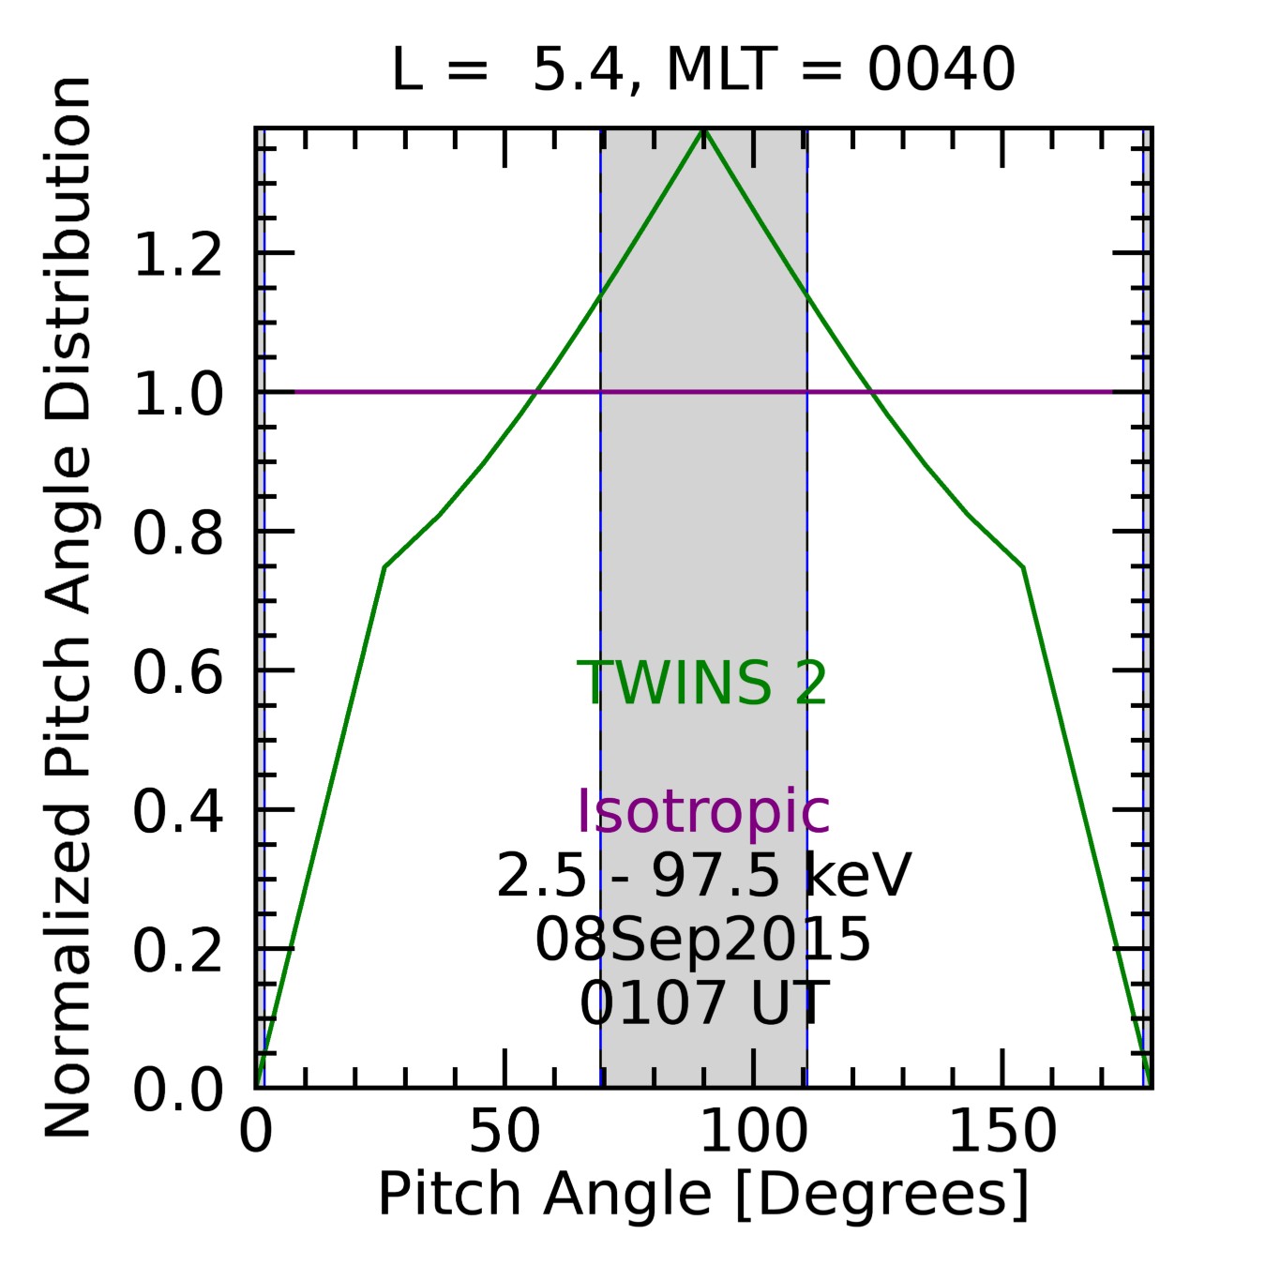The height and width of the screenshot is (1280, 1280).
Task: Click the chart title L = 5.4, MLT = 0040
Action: [702, 69]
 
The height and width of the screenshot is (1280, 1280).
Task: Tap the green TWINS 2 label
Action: [702, 683]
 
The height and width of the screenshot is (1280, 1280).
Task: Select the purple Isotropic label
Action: [702, 811]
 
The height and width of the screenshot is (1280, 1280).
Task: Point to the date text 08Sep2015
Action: [702, 940]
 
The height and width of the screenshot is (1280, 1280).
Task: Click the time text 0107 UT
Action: [702, 1002]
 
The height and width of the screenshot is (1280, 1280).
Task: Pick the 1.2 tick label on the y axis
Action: [178, 254]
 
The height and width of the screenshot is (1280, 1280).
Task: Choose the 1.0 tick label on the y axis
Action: [178, 393]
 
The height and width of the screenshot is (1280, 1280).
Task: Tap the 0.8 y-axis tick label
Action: [178, 533]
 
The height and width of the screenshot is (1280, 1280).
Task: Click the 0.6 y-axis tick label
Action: [178, 672]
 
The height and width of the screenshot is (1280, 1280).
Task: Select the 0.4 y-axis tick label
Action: [178, 811]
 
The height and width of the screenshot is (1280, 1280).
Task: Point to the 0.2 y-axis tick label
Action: [178, 950]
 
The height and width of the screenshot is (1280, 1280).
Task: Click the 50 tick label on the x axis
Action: [504, 1132]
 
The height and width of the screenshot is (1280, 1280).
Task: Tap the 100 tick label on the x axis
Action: [753, 1132]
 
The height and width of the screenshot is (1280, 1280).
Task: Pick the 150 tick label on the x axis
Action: [1002, 1132]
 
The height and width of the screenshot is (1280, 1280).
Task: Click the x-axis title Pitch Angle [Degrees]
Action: [702, 1194]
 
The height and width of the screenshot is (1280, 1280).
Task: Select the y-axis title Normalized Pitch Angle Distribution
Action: [68, 608]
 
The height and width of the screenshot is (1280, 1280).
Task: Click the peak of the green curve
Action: [704, 131]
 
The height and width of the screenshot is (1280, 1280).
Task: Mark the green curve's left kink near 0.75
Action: [384, 566]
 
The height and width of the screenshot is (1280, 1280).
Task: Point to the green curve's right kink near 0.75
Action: [1023, 566]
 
